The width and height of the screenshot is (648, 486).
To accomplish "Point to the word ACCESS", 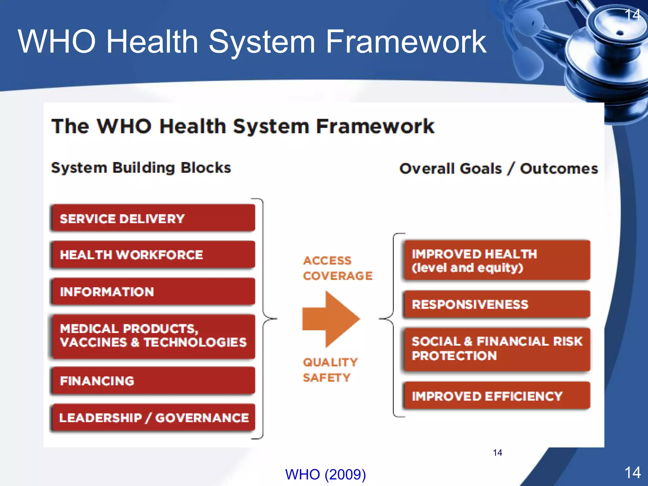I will pyautogui.click(x=327, y=261).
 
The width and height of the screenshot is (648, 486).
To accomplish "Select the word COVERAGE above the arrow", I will pyautogui.click(x=338, y=276).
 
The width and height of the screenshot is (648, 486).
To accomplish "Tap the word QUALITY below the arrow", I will pyautogui.click(x=330, y=362).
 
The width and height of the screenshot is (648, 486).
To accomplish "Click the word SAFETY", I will pyautogui.click(x=327, y=377).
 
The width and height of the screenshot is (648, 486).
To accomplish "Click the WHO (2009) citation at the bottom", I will pyautogui.click(x=325, y=474).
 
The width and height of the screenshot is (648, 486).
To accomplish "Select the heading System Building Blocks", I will pyautogui.click(x=141, y=168).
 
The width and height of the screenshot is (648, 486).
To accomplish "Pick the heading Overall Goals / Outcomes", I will pyautogui.click(x=499, y=169).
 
